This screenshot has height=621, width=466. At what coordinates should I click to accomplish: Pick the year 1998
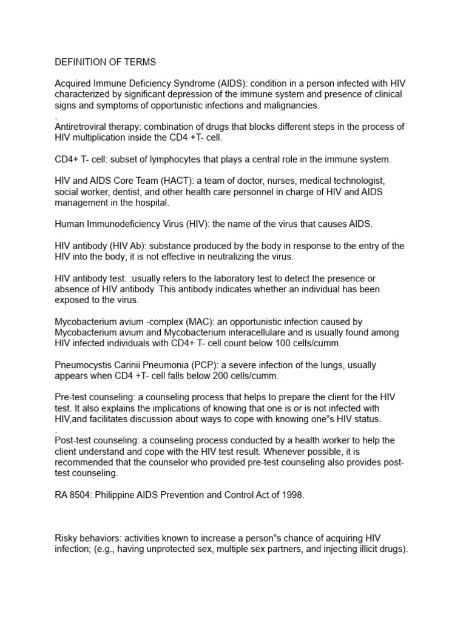click(290, 495)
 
